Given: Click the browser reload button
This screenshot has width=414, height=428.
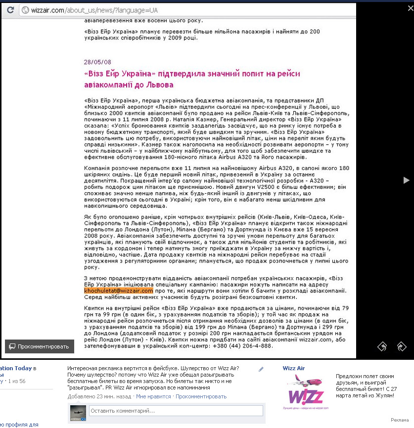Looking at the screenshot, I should (x=10, y=10).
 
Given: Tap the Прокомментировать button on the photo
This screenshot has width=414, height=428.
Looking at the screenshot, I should (x=40, y=346).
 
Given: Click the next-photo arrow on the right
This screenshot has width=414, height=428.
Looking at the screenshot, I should (x=407, y=180).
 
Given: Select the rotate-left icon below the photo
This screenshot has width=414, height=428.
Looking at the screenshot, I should (x=382, y=346).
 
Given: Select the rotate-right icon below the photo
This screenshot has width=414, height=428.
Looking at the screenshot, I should (x=401, y=346).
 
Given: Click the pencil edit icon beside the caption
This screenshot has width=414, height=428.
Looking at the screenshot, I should (x=261, y=369).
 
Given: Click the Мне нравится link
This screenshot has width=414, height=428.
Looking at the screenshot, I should (x=153, y=396).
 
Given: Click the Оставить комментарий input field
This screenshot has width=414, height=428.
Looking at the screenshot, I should (x=176, y=411).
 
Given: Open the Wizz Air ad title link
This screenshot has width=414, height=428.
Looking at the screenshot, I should (x=294, y=368).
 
